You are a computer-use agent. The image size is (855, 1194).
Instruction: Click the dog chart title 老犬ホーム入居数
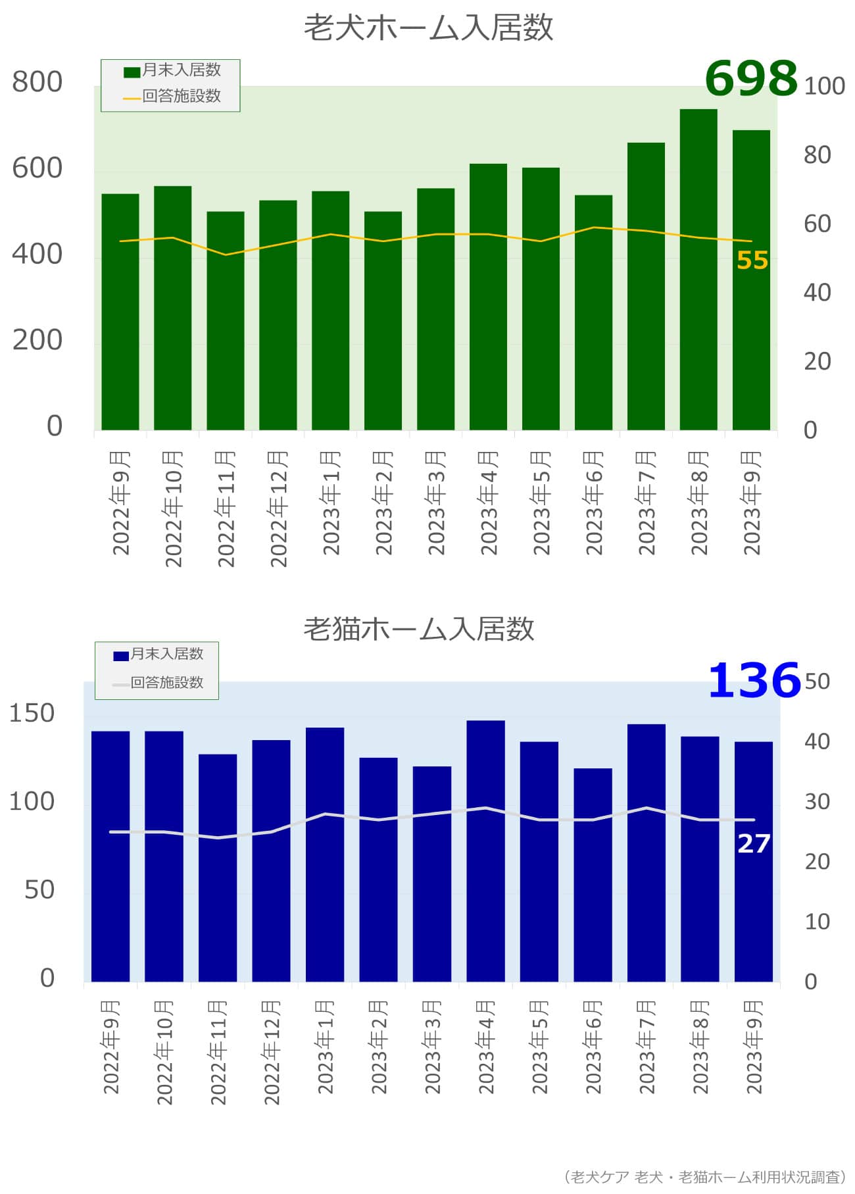[x=428, y=28]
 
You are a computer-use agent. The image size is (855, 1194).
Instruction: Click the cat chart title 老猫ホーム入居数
[x=419, y=629]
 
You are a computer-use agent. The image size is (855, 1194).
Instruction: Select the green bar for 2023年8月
[x=698, y=270]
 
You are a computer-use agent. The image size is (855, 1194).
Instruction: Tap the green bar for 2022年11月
[x=226, y=321]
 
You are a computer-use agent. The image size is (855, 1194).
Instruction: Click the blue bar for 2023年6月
[x=593, y=874]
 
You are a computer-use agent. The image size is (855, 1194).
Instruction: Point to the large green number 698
[x=751, y=78]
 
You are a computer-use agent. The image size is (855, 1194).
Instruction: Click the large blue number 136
[x=754, y=680]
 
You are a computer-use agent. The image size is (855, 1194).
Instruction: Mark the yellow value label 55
[x=752, y=261]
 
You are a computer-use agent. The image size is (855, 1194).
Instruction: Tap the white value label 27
[x=754, y=843]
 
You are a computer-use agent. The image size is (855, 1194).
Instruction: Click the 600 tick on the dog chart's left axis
[x=37, y=168]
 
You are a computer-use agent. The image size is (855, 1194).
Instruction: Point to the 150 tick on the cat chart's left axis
[x=32, y=713]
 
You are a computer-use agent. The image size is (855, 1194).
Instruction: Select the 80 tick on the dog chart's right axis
[x=817, y=155]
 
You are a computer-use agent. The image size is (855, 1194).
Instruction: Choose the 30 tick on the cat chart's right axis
[x=817, y=801]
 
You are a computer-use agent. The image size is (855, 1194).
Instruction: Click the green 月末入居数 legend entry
[x=172, y=70]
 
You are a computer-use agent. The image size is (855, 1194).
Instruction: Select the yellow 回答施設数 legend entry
[x=172, y=97]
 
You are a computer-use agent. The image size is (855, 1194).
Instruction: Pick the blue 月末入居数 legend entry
[x=159, y=654]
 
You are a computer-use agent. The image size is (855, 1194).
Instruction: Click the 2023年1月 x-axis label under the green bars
[x=331, y=503]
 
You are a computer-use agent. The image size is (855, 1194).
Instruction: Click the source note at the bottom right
[x=704, y=1177]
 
